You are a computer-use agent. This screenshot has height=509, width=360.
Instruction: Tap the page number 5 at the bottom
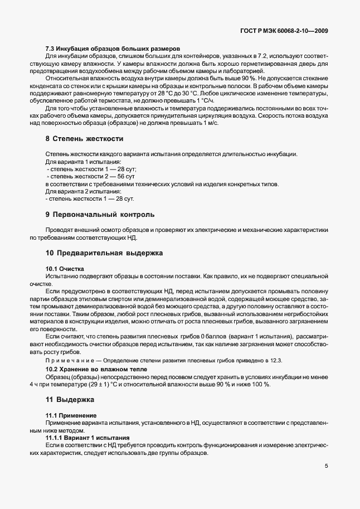[327, 467]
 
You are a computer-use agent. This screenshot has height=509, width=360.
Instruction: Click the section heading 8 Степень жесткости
[84, 138]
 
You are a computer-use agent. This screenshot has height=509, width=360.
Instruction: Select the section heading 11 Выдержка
[70, 400]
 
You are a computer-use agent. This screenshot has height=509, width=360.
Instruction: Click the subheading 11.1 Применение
[71, 416]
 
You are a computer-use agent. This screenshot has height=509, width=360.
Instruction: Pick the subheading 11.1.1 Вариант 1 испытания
[87, 438]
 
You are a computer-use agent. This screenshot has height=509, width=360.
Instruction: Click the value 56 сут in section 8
[126, 177]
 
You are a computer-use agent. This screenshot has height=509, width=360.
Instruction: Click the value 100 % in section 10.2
[258, 385]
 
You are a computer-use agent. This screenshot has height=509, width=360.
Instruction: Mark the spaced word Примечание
[70, 362]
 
